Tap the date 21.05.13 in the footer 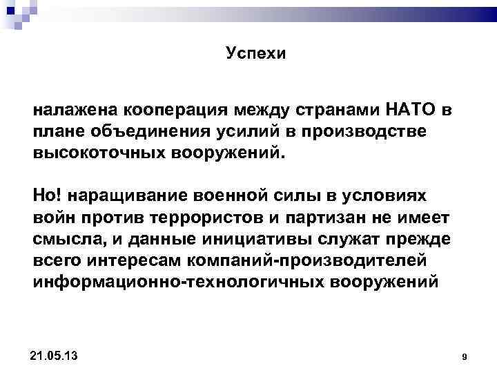55,355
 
